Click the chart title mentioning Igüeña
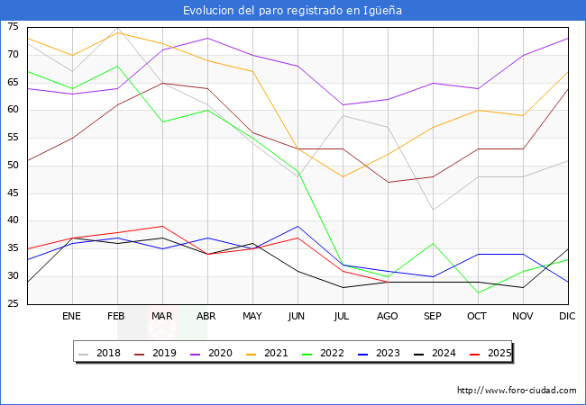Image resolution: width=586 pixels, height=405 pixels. coord(292,11)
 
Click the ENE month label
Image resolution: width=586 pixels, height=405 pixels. coord(72,317)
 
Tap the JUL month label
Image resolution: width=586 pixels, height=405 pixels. coord(343,317)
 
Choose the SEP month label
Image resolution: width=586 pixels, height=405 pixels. coord(433,317)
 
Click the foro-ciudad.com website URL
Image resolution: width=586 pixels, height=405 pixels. coord(517,391)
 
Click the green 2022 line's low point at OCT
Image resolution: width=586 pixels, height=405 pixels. coord(478,292)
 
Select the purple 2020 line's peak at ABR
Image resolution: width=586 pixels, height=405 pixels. coord(207,38)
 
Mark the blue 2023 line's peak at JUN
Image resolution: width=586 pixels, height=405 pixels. coord(298,227)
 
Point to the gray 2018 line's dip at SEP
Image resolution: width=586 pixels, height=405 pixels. coord(433,210)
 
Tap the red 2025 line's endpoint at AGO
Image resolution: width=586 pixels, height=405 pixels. coord(388,282)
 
